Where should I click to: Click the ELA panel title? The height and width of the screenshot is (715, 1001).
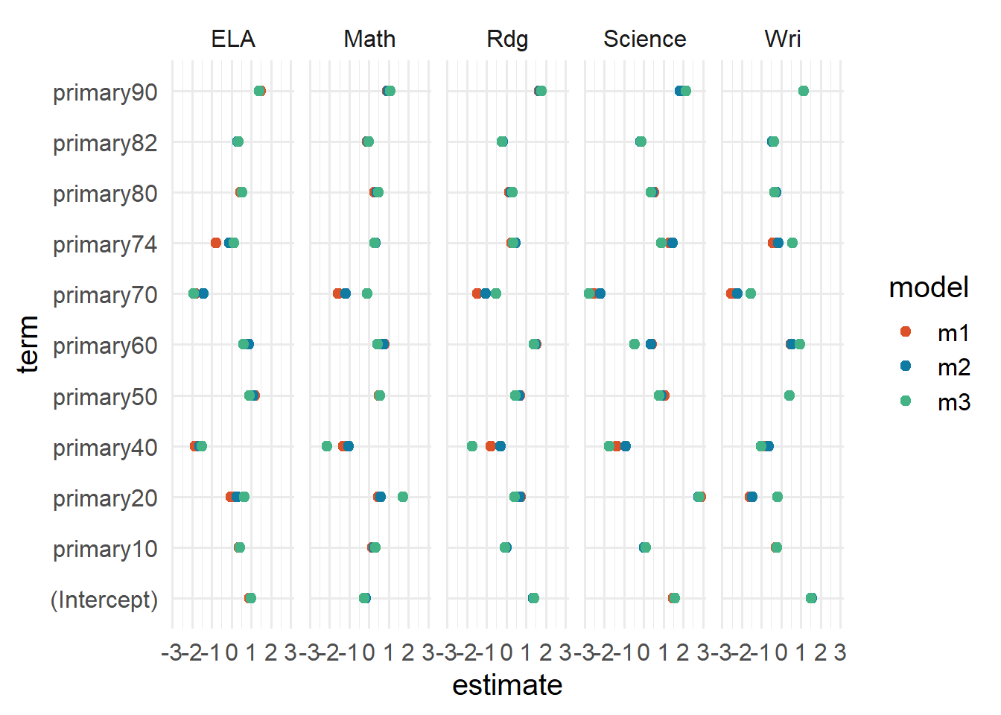(x=233, y=39)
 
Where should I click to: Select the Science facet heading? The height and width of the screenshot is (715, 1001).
(x=644, y=39)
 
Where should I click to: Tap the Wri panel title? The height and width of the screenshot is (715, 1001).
(x=782, y=39)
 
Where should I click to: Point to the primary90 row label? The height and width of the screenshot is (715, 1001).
(x=105, y=92)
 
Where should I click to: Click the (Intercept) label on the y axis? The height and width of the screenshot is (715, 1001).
(x=104, y=600)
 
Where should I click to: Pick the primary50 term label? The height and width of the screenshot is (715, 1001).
(x=105, y=397)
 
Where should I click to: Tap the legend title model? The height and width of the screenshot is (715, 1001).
(x=929, y=287)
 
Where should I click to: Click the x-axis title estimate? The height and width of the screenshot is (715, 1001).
(x=507, y=685)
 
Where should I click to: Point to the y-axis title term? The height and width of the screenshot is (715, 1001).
(x=28, y=343)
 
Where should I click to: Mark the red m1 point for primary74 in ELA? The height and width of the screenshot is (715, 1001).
(x=216, y=243)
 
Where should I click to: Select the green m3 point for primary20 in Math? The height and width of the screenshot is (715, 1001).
(x=403, y=497)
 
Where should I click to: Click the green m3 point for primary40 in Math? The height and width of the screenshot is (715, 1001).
(x=326, y=446)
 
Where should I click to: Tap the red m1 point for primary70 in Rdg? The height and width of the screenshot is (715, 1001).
(x=477, y=293)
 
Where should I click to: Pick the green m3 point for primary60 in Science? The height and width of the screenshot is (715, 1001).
(x=635, y=344)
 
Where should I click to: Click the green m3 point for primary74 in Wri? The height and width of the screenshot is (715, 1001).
(x=792, y=243)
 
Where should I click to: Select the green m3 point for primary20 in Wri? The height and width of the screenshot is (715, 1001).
(x=778, y=497)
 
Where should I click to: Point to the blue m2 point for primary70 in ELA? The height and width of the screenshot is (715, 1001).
(x=203, y=293)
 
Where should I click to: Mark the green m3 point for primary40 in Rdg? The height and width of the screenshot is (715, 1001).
(x=472, y=446)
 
